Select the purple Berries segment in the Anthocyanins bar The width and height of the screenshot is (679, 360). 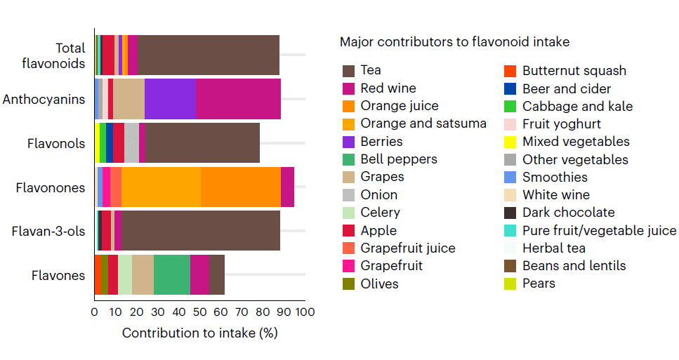tap(170, 99)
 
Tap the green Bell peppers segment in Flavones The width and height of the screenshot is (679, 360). tap(171, 275)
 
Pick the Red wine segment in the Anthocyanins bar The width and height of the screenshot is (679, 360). tap(238, 99)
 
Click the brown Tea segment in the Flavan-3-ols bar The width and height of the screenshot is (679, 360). tap(201, 230)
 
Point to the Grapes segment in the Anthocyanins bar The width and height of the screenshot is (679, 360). tap(128, 99)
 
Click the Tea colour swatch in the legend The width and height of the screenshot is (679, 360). tap(348, 70)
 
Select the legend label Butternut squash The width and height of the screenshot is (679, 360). tap(574, 70)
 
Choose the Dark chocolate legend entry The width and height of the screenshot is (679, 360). tap(568, 212)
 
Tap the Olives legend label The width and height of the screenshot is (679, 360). tap(379, 284)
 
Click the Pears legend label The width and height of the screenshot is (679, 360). tap(539, 283)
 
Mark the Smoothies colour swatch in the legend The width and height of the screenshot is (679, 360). tap(510, 177)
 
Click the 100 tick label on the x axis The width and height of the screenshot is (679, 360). tap(305, 312)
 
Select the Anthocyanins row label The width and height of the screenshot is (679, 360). tap(44, 99)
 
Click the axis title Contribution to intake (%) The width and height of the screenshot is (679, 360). tap(199, 333)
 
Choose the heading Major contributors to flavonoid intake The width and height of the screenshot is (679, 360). tap(454, 42)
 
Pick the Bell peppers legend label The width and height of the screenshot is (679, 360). tap(398, 159)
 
